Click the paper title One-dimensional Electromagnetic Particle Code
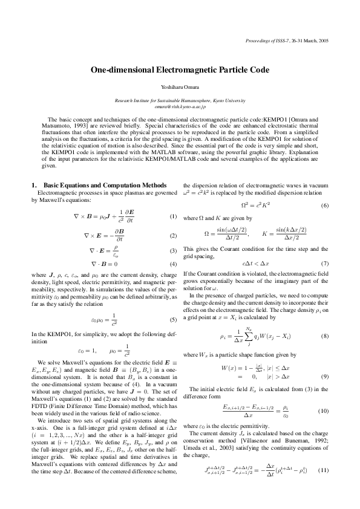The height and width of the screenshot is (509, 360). click(x=180, y=71)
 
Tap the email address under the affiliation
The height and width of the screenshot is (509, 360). click(x=180, y=106)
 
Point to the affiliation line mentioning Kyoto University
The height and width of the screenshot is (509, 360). click(x=180, y=100)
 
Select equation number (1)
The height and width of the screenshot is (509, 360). click(x=173, y=216)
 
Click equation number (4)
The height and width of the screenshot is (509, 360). click(x=173, y=264)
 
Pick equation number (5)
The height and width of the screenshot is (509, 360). click(x=173, y=319)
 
